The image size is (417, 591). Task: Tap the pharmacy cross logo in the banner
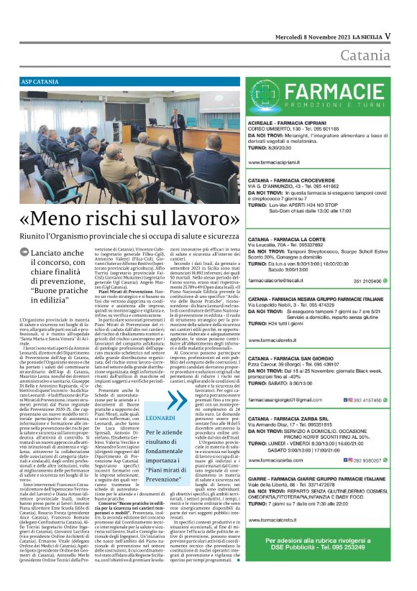tap(265, 96)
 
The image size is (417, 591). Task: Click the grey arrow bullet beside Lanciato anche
tap(24, 253)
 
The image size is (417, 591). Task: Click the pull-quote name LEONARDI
tap(160, 417)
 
